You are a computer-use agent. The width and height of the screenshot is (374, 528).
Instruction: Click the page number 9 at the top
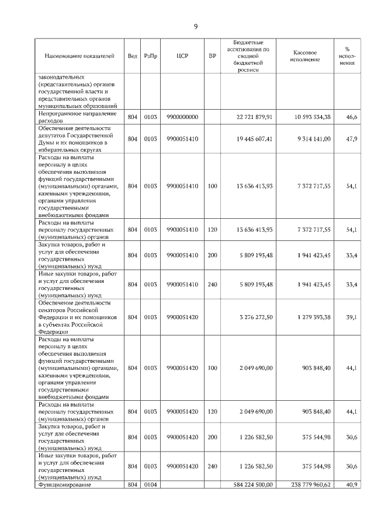(x=196, y=26)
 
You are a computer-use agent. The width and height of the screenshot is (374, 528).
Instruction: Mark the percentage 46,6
(x=352, y=117)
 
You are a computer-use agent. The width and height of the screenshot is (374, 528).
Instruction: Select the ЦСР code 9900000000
(x=182, y=117)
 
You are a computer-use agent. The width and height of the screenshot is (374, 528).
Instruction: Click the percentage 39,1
(x=352, y=317)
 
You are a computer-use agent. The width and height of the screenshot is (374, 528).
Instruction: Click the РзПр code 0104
(x=151, y=484)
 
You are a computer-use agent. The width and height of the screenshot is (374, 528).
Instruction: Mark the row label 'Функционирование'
(x=62, y=484)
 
